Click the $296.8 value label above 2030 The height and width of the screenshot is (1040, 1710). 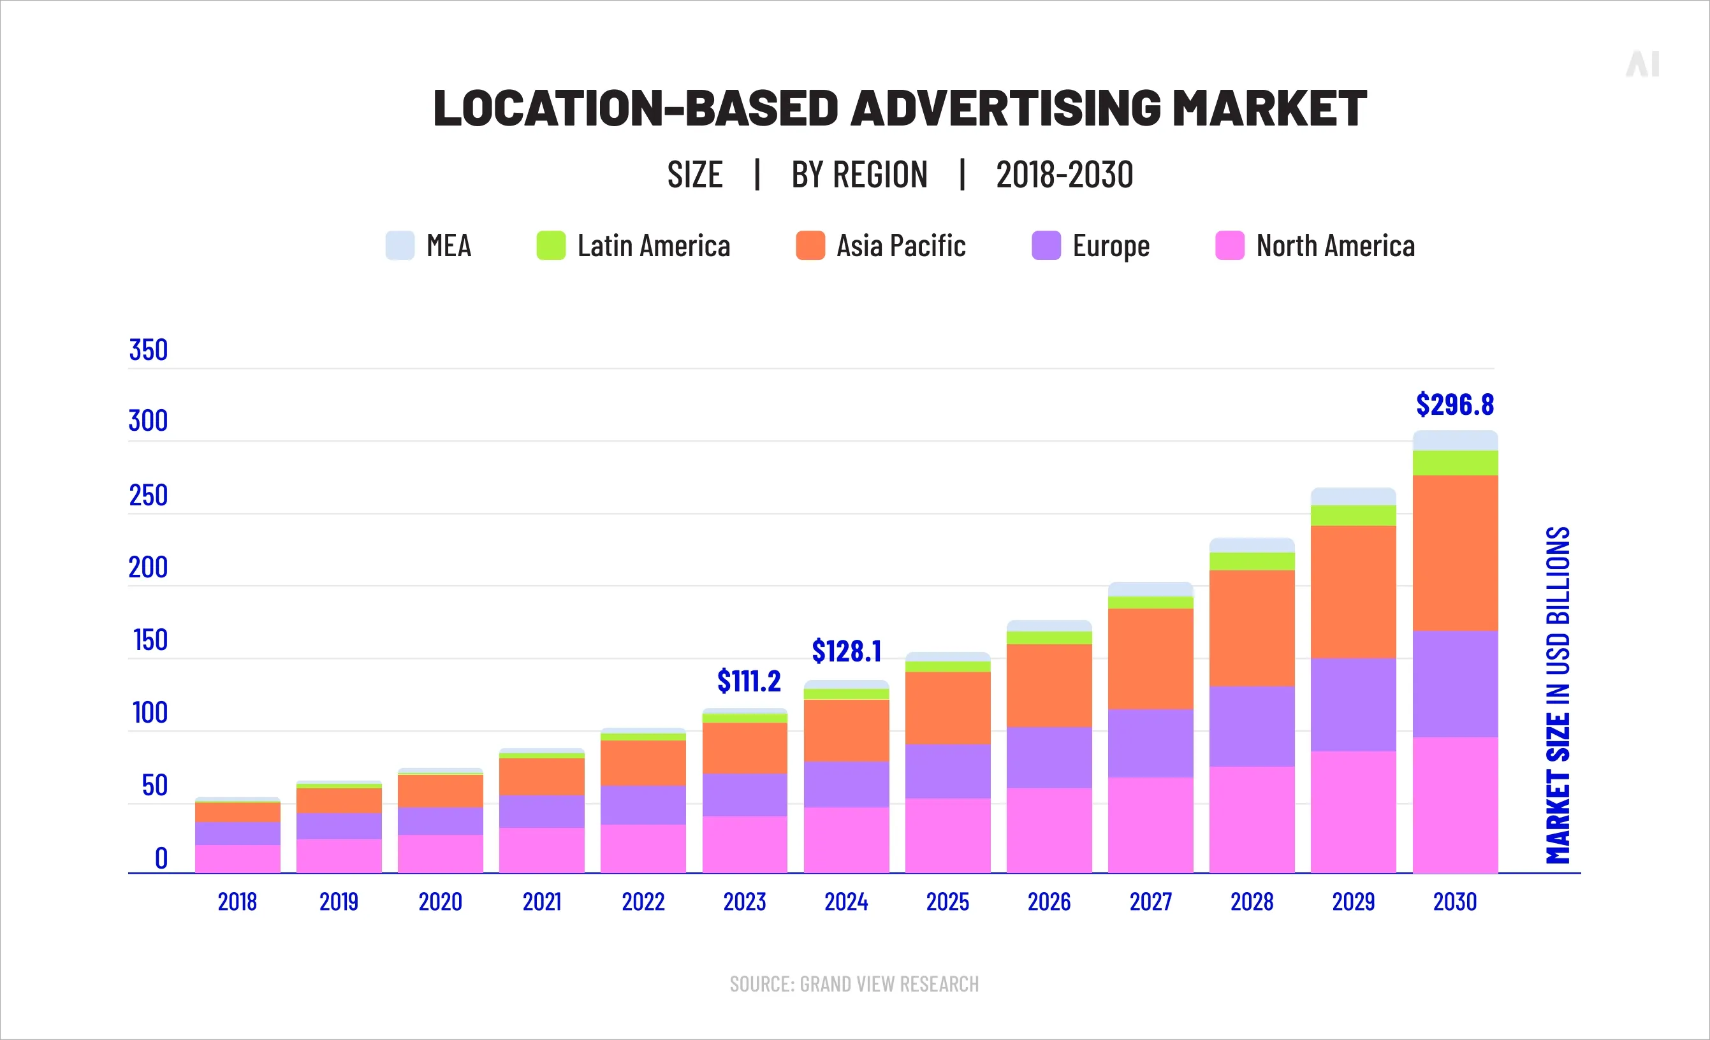pyautogui.click(x=1454, y=405)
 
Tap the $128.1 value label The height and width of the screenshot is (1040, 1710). pyautogui.click(x=846, y=651)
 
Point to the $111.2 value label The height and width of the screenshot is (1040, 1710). pyautogui.click(x=749, y=681)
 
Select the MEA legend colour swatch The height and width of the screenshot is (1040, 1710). pyautogui.click(x=400, y=245)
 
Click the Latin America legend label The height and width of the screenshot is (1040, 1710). pyautogui.click(x=653, y=246)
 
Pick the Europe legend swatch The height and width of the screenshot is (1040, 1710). pyautogui.click(x=1046, y=245)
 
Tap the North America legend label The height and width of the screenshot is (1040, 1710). pyautogui.click(x=1334, y=246)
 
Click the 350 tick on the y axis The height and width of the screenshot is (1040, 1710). pyautogui.click(x=149, y=350)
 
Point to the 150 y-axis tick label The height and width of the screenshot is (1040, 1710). pyautogui.click(x=150, y=640)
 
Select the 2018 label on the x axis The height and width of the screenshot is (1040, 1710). pyautogui.click(x=237, y=902)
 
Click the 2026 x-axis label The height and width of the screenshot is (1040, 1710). pyautogui.click(x=1049, y=902)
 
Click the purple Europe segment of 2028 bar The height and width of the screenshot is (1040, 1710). pyautogui.click(x=1252, y=726)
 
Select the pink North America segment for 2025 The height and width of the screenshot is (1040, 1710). pyautogui.click(x=947, y=835)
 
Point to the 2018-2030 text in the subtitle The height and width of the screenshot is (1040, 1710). pyautogui.click(x=1064, y=175)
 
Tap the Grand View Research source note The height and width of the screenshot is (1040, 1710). pyautogui.click(x=854, y=984)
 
